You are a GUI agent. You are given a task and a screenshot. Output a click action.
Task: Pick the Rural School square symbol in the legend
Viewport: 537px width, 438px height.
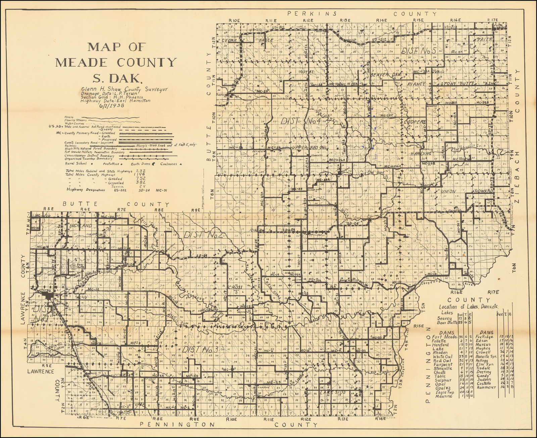click(87, 164)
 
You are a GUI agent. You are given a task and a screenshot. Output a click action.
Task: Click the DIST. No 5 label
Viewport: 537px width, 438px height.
click(419, 51)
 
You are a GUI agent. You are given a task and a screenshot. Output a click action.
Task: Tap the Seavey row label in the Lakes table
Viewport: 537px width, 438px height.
click(446, 318)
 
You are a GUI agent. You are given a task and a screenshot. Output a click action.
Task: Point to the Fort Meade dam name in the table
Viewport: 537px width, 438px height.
click(444, 336)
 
